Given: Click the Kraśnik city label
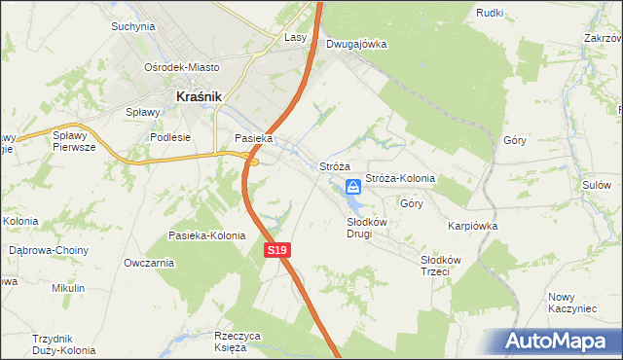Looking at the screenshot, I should point(200,96).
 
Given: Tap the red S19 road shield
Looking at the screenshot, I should point(277,251).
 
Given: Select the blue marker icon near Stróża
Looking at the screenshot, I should point(354,188).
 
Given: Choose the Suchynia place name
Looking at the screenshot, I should point(133,26).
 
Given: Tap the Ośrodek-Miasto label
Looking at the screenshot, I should point(182,67).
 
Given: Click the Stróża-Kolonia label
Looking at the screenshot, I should point(399,179).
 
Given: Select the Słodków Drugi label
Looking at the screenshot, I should point(367,228).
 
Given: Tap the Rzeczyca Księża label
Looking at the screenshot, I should point(238,341).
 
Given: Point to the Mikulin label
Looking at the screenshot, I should point(69,288).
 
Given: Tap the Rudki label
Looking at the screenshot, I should point(489,12).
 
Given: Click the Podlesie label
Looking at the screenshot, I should point(169,137).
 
